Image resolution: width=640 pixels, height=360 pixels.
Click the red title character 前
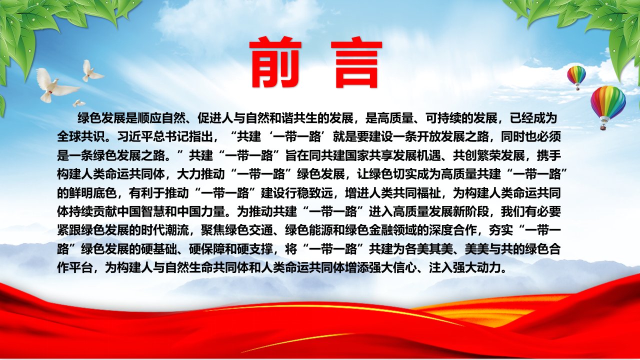[275, 62]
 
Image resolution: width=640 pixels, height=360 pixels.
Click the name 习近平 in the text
[135, 137]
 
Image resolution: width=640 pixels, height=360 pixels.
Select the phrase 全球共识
[81, 137]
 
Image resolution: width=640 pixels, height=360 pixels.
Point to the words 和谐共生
[293, 118]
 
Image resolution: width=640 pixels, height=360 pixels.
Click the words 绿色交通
[249, 230]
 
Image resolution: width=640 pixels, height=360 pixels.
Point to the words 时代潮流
[165, 230]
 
